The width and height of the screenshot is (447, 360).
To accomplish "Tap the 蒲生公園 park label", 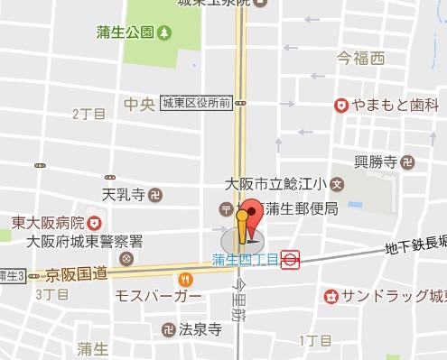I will (126, 34).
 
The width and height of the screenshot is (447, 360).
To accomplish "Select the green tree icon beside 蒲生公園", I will (164, 34).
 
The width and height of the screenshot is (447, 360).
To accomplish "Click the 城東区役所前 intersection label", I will (198, 104).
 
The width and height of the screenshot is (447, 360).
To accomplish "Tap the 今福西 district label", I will (360, 60).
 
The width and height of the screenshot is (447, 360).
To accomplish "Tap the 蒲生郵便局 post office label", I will (301, 209).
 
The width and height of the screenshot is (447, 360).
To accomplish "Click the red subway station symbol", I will (290, 260).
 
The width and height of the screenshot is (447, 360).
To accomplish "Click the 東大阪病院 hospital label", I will (47, 222).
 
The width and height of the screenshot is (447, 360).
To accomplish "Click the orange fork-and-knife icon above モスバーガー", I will (185, 280).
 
